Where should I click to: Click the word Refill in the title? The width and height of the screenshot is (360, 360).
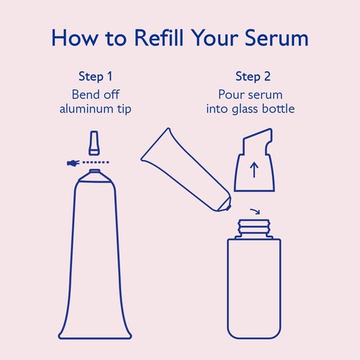[x=160, y=38]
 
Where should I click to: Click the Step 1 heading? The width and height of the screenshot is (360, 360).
[x=95, y=76]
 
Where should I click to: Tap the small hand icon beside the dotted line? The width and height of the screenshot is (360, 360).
[x=71, y=163]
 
